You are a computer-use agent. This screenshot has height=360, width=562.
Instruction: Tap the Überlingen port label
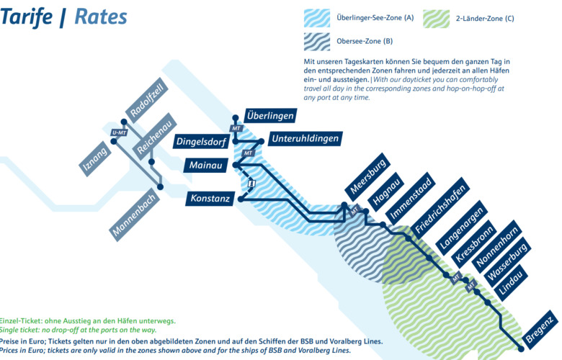[270, 115]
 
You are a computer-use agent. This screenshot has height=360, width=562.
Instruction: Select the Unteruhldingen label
[303, 138]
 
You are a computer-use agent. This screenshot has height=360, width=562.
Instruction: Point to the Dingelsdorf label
[202, 142]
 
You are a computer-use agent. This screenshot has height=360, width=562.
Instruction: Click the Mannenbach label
[133, 213]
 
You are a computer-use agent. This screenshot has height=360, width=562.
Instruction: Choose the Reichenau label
[152, 135]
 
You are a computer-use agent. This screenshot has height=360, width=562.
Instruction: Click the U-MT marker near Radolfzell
[117, 132]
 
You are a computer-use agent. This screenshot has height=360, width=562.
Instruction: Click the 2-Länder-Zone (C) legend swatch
[437, 18]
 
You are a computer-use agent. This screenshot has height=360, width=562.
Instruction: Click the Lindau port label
[512, 283]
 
